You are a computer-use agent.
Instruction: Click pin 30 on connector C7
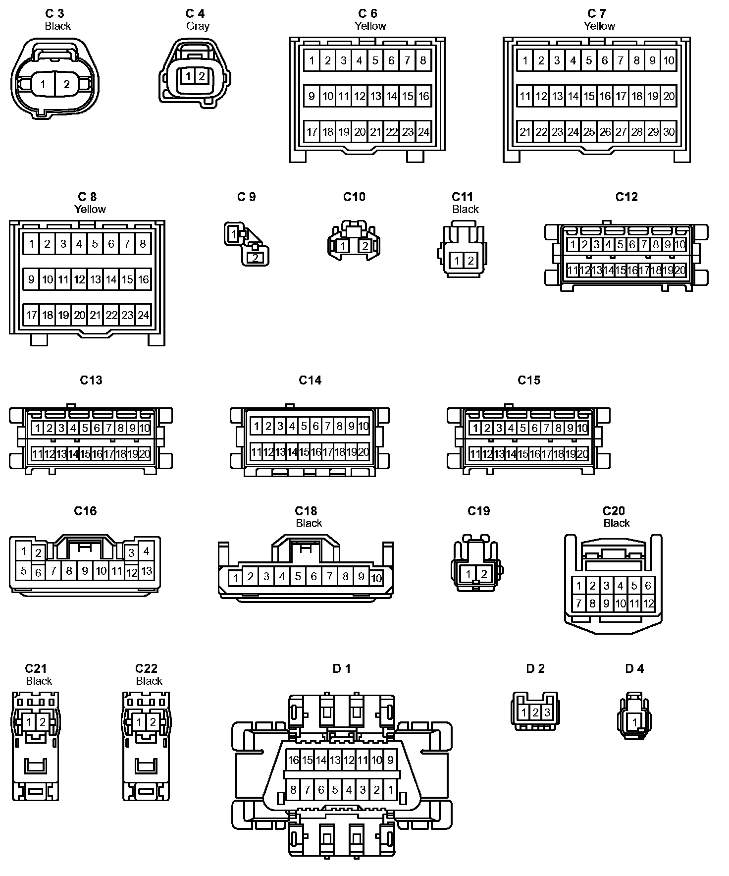[x=669, y=132]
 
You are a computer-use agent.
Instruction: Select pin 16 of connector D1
[x=293, y=760]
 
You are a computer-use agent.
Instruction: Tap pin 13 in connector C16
[x=147, y=571]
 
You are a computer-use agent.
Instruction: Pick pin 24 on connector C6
[x=423, y=132]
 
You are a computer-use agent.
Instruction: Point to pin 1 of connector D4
[x=634, y=723]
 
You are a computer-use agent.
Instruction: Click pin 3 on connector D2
[x=547, y=713]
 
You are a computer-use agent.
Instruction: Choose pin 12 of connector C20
[x=648, y=604]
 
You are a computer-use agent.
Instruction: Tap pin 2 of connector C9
[x=255, y=258]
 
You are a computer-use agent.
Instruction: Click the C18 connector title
[x=306, y=511]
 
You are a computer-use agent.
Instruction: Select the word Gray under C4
[x=198, y=26]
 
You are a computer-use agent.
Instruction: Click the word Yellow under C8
[x=90, y=209]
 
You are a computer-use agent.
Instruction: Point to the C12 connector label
[x=626, y=197]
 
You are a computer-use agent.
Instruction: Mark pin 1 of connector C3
[x=43, y=84]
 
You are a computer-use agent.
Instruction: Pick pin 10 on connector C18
[x=376, y=578]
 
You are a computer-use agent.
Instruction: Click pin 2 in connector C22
[x=153, y=722]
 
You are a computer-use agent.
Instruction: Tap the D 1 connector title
[x=342, y=668]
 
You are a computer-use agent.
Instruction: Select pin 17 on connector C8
[x=31, y=315]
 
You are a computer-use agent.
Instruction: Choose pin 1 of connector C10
[x=343, y=246]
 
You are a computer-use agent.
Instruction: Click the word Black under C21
[x=39, y=681]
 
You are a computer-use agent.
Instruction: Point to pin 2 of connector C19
[x=484, y=574]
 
